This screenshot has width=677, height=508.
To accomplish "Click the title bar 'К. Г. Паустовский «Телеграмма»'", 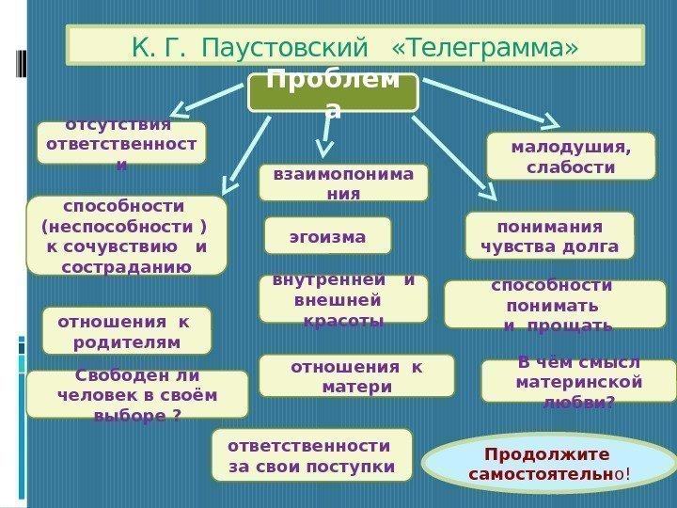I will pyautogui.click(x=354, y=44).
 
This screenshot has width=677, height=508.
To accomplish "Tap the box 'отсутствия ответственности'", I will pyautogui.click(x=121, y=143).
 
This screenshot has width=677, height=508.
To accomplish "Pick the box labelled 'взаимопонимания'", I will pyautogui.click(x=343, y=183).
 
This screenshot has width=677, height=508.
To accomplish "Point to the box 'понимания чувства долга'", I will pyautogui.click(x=550, y=235).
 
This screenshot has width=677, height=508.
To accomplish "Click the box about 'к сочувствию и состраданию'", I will pyautogui.click(x=127, y=235).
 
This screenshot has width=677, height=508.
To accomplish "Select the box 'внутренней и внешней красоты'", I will pyautogui.click(x=343, y=299).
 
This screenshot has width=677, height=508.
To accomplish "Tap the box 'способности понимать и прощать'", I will pyautogui.click(x=549, y=305).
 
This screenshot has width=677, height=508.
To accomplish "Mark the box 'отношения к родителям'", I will pyautogui.click(x=127, y=329).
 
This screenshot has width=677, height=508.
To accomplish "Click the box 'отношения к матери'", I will pyautogui.click(x=356, y=375).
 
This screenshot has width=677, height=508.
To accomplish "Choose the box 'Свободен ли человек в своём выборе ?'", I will pyautogui.click(x=137, y=394).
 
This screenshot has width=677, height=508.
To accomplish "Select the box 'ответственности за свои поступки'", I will pyautogui.click(x=312, y=455).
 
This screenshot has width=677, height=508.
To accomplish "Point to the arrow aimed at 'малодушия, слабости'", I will pyautogui.click(x=489, y=100).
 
